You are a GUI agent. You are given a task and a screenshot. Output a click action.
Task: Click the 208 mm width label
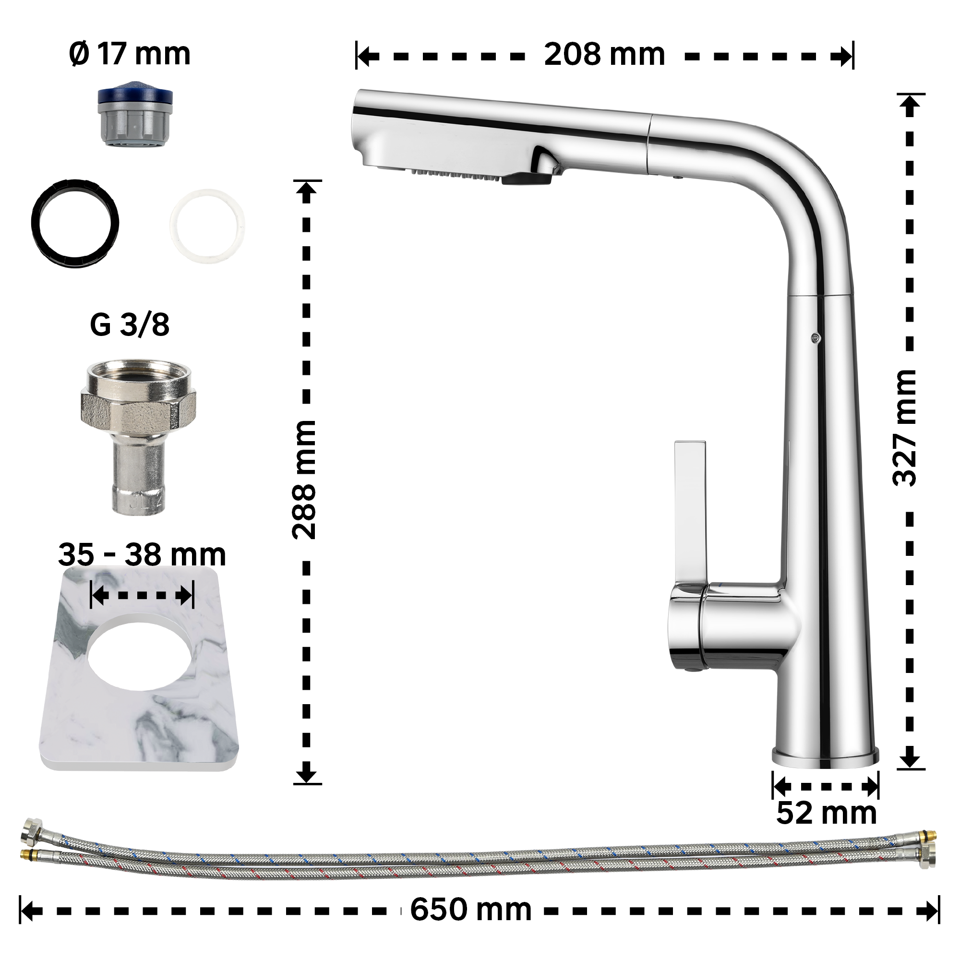pos(604,54)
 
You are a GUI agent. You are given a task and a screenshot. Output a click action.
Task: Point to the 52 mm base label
pos(827,813)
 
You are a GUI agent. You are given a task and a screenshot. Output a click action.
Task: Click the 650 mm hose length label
pos(471,909)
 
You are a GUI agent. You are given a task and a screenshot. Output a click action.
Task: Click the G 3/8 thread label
pos(130,325)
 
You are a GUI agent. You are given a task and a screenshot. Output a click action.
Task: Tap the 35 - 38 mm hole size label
pos(142,554)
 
